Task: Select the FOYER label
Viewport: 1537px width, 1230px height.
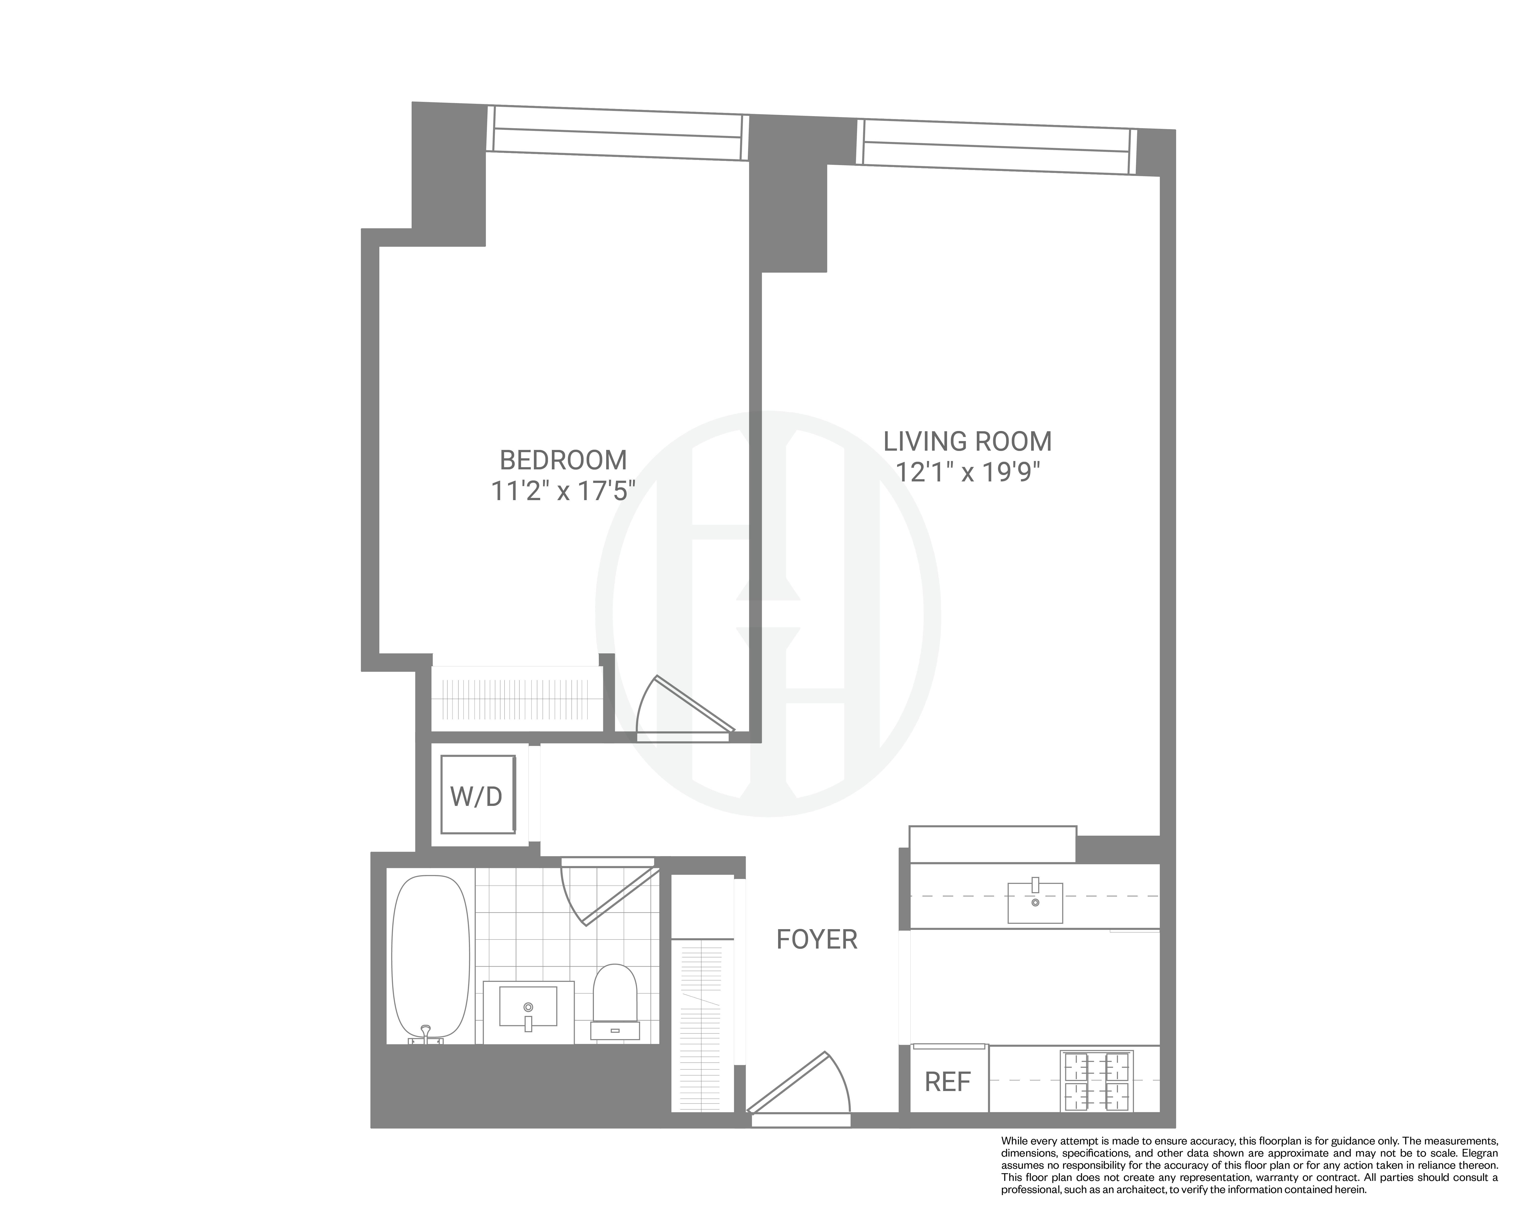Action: (x=816, y=940)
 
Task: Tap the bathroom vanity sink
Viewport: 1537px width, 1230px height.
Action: (x=527, y=1007)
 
